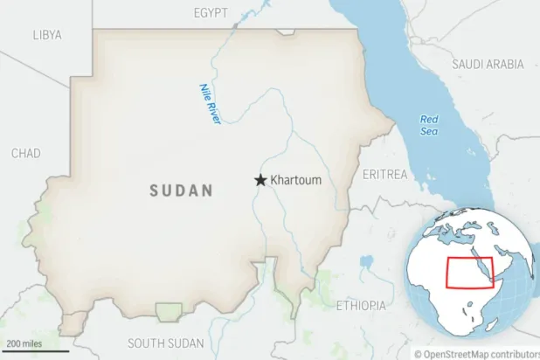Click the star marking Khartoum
click(x=260, y=180)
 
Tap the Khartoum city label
click(x=296, y=180)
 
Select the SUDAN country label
click(x=181, y=190)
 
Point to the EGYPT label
click(x=211, y=12)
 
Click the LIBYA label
click(x=47, y=35)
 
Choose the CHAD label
click(x=25, y=154)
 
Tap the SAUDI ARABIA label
click(x=488, y=64)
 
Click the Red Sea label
click(x=428, y=125)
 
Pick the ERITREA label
click(x=384, y=175)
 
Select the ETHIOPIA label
click(x=361, y=305)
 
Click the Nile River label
click(x=208, y=103)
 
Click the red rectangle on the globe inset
click(x=469, y=273)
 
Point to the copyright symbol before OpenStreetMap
click(x=419, y=354)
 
